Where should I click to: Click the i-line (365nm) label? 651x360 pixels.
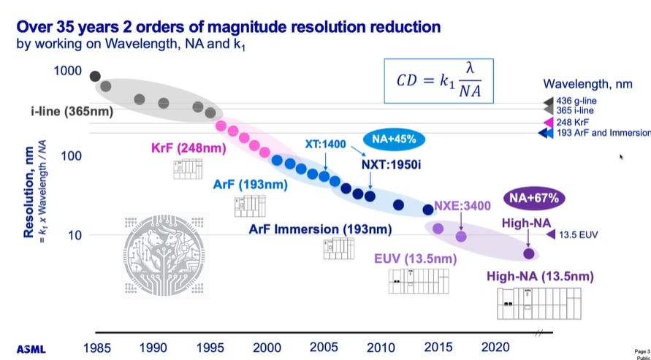55,111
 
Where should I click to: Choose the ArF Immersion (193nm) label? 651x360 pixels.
320,229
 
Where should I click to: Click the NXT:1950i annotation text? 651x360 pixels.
391,165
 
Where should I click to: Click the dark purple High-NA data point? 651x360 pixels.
529,253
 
